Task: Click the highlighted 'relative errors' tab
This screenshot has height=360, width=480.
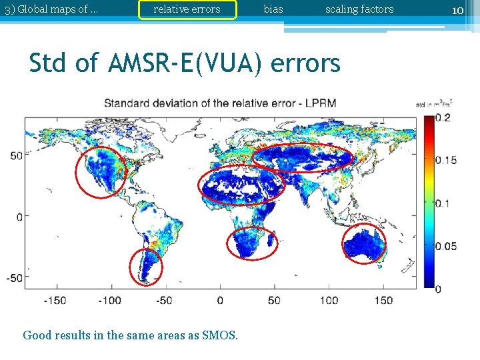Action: (x=187, y=9)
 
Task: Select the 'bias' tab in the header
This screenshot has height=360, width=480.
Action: (x=273, y=9)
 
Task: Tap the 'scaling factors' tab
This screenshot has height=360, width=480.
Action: (x=359, y=9)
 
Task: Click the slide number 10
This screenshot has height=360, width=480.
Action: (x=457, y=10)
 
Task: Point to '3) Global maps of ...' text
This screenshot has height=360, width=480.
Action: (x=51, y=9)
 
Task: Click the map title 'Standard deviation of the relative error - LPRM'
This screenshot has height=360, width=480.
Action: (x=220, y=103)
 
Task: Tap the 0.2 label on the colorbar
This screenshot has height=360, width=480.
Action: (x=442, y=118)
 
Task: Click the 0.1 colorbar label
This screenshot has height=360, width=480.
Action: (x=442, y=203)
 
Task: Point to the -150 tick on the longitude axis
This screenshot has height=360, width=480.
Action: (x=55, y=300)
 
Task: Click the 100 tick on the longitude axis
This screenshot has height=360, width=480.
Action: (x=329, y=300)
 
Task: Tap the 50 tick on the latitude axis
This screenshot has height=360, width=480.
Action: (x=15, y=155)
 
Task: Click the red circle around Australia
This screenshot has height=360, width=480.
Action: (x=364, y=244)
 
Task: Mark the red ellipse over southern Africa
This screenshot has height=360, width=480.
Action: (x=252, y=244)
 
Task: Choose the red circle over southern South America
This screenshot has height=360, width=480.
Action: (x=145, y=266)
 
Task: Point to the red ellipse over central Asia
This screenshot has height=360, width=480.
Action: (x=302, y=157)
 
